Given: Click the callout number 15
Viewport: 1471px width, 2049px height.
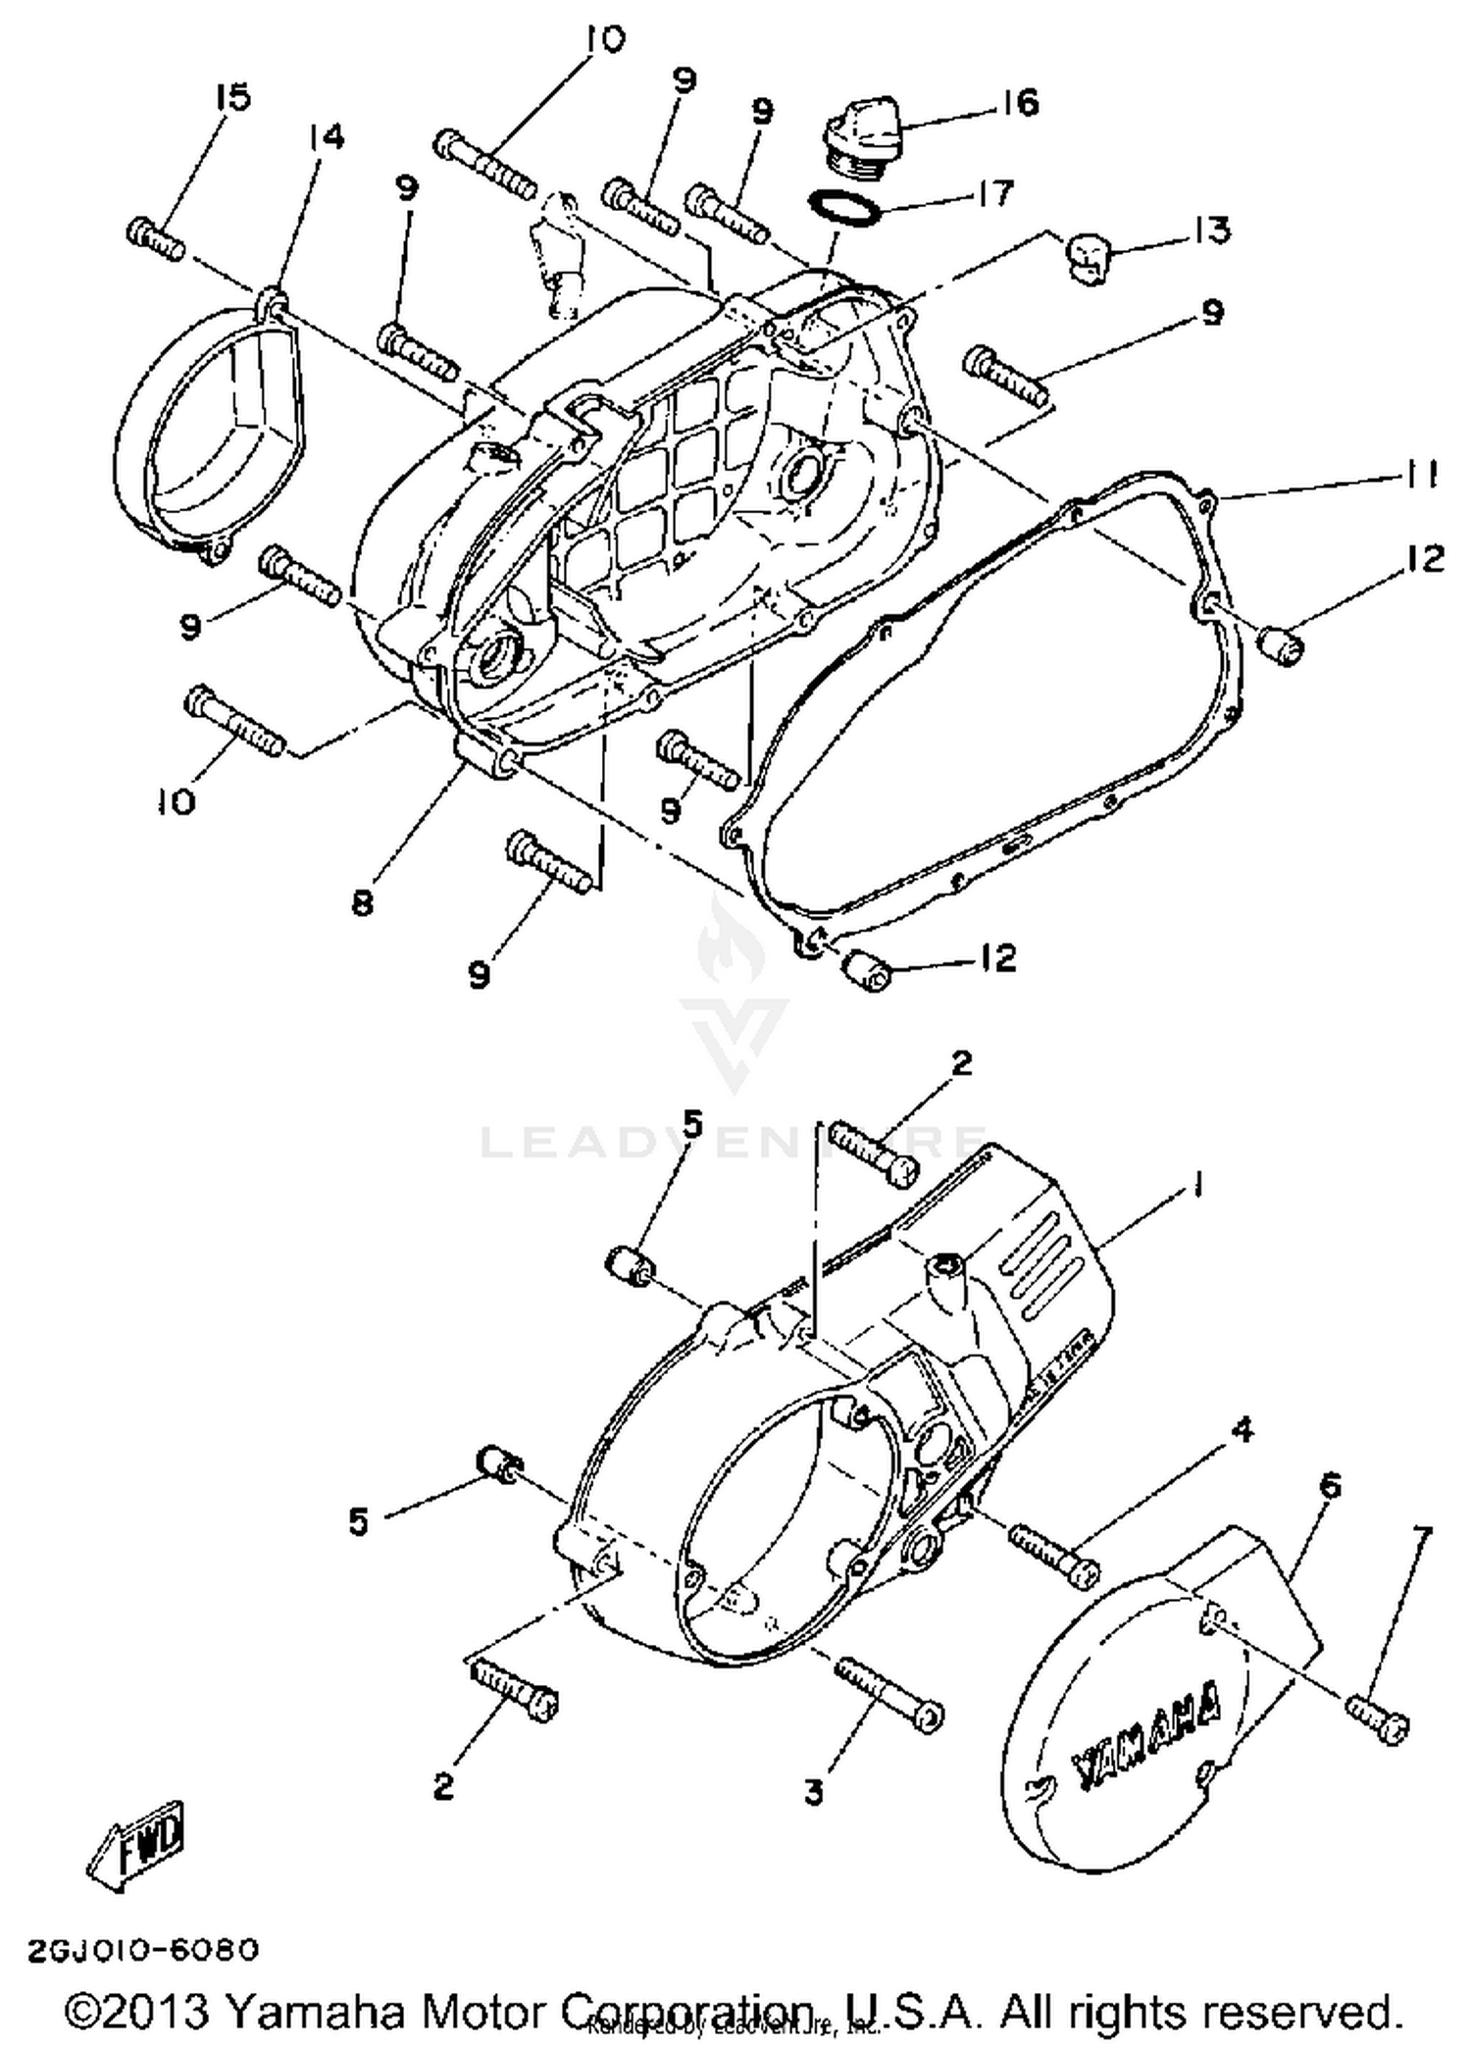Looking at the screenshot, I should pyautogui.click(x=233, y=97).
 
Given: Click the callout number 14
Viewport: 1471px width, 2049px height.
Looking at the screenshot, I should pyautogui.click(x=327, y=137).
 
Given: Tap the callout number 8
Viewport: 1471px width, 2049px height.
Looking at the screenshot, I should pyautogui.click(x=362, y=902).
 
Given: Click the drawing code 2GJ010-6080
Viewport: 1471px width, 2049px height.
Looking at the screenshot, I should pyautogui.click(x=143, y=1951).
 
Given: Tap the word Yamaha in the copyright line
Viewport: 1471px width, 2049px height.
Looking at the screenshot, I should pyautogui.click(x=314, y=2012).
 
